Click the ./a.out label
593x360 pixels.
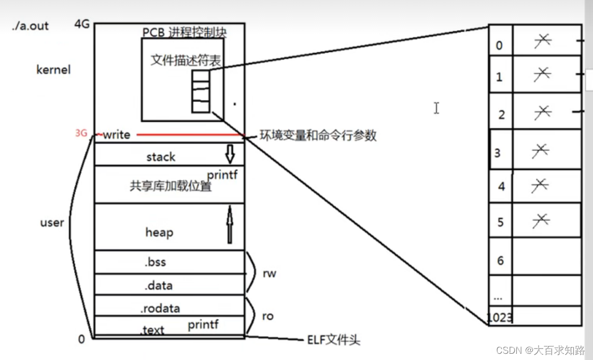pyautogui.click(x=31, y=25)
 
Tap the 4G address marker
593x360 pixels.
pyautogui.click(x=82, y=24)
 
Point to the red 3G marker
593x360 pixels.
pyautogui.click(x=81, y=133)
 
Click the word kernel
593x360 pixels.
pyautogui.click(x=53, y=69)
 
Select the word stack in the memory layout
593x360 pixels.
pyautogui.click(x=161, y=157)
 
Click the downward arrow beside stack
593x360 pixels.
pyautogui.click(x=230, y=153)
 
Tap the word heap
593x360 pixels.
pyautogui.click(x=159, y=233)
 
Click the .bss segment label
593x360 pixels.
pyautogui.click(x=156, y=262)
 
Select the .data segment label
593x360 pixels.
pyautogui.click(x=159, y=285)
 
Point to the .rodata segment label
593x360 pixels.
pyautogui.click(x=160, y=309)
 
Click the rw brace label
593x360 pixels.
pyautogui.click(x=270, y=273)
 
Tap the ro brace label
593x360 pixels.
pyautogui.click(x=267, y=315)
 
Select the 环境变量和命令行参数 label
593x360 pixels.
pyautogui.click(x=318, y=136)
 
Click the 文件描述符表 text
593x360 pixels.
pyautogui.click(x=186, y=60)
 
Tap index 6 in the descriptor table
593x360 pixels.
pyautogui.click(x=500, y=260)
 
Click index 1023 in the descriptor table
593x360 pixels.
pyautogui.click(x=500, y=317)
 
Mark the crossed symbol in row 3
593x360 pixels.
pyautogui.click(x=541, y=151)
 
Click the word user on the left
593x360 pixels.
pyautogui.click(x=52, y=223)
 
